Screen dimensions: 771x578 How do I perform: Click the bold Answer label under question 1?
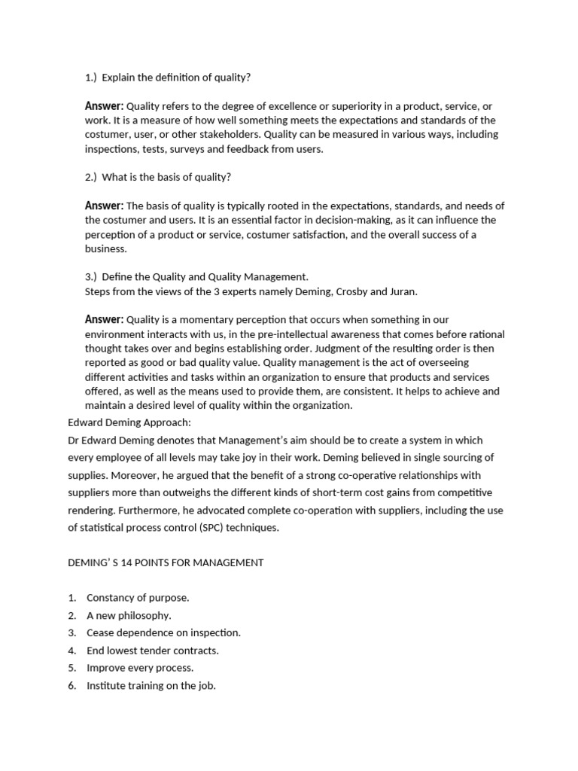[104, 106]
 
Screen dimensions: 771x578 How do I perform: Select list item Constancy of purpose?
[138, 598]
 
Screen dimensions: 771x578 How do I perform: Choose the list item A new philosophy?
[129, 615]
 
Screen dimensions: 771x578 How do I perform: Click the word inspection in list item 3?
[214, 633]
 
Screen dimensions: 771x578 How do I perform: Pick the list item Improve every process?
[140, 668]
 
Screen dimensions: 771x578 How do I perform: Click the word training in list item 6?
[150, 686]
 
